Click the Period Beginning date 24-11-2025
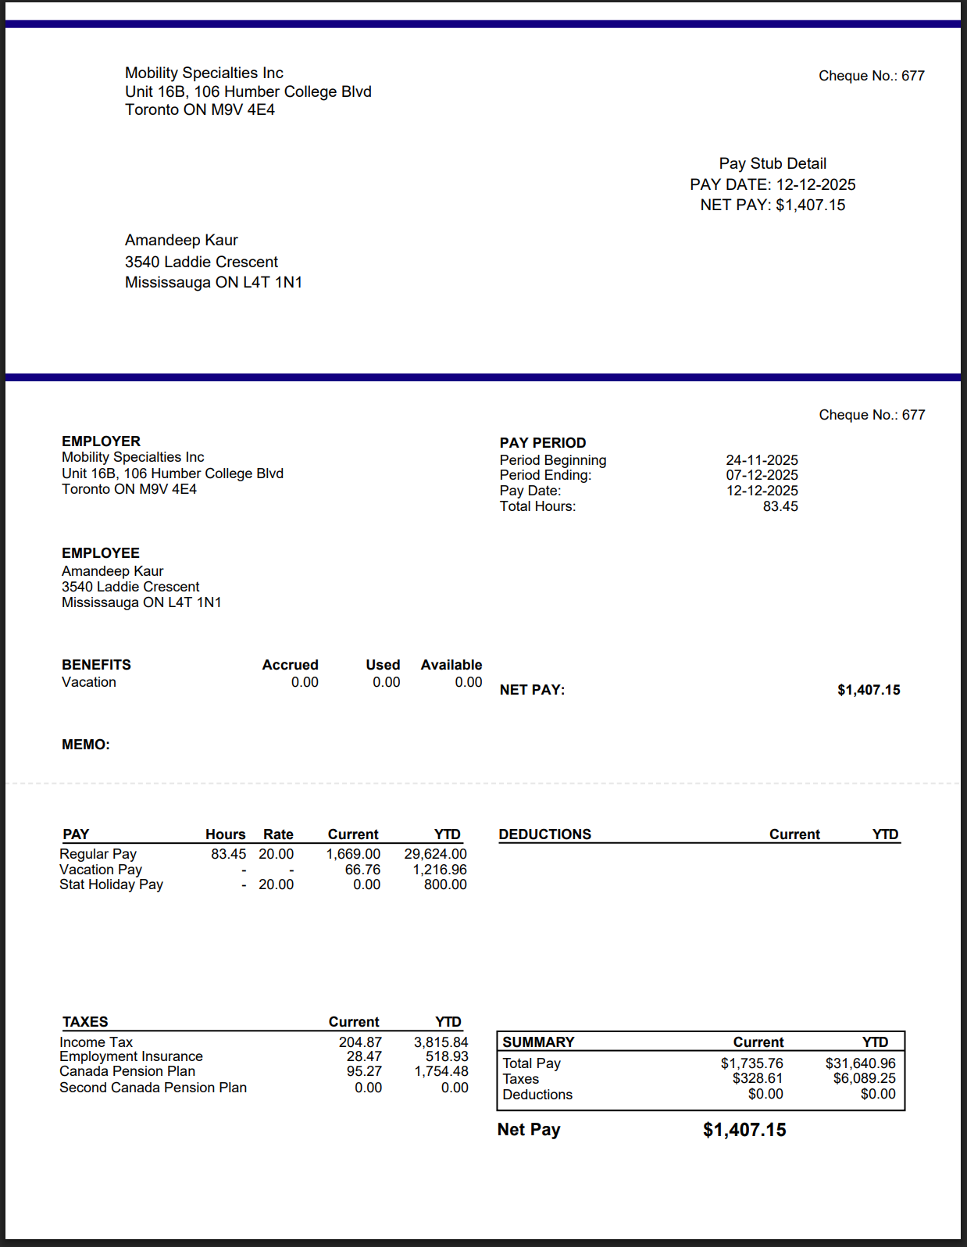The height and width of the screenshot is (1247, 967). point(762,460)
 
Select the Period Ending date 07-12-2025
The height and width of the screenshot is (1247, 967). point(762,475)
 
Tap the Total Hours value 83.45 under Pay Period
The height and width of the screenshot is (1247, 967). point(780,506)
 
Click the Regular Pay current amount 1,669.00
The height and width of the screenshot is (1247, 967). point(353,854)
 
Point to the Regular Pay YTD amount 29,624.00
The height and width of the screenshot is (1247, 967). point(435,854)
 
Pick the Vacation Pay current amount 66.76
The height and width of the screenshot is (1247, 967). point(362,870)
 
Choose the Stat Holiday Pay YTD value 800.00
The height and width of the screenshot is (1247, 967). point(445,884)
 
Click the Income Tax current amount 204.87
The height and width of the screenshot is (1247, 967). point(360,1042)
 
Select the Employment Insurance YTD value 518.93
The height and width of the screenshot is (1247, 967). point(447,1056)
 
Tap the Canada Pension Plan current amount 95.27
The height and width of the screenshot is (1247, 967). point(364,1071)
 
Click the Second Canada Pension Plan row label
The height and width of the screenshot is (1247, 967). point(153,1088)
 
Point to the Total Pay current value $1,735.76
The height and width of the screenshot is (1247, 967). point(751,1063)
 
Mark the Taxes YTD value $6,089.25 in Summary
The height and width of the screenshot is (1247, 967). point(864,1078)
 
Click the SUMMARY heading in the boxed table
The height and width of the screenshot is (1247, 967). point(538,1042)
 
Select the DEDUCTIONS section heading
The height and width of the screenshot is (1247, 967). point(545,834)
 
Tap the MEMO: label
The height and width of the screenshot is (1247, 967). point(86,745)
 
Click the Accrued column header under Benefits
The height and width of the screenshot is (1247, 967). point(290,665)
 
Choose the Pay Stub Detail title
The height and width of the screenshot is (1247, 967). point(773,163)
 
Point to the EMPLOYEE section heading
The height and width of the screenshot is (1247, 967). point(101,553)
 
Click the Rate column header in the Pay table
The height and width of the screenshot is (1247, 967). point(278,834)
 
